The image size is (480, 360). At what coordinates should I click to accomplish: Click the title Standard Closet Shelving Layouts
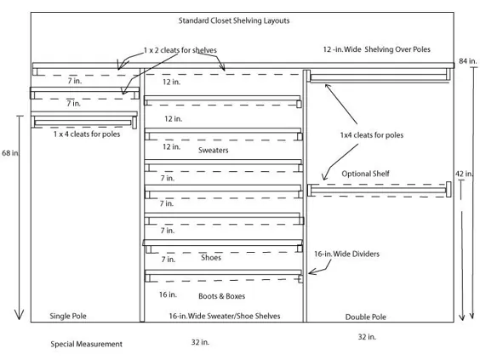234,20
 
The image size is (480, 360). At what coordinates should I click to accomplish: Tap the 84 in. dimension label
468,61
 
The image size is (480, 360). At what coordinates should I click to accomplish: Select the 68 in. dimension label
10,152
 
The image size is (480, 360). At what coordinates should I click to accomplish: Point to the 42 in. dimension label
464,174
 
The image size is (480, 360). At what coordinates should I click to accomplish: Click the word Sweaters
214,151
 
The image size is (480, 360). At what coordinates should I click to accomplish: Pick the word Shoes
211,258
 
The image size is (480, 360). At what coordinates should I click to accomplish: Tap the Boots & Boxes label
221,296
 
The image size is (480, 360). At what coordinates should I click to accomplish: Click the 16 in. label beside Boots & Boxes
168,294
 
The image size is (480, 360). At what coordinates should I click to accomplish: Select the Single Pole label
68,316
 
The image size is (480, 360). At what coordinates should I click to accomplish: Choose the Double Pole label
365,317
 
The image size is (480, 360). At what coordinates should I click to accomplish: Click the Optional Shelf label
365,174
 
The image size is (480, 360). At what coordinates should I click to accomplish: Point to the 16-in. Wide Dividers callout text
347,254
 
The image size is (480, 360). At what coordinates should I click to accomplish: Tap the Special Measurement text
86,344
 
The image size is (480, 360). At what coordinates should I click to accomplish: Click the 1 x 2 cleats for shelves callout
180,50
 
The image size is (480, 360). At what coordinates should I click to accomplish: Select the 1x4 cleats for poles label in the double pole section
372,135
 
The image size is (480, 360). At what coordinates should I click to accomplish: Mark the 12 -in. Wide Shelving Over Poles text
376,49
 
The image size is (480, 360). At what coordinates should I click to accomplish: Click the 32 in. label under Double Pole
367,337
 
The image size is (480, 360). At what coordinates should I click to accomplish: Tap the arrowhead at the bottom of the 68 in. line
19,319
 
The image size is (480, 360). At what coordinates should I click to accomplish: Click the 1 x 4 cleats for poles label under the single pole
87,134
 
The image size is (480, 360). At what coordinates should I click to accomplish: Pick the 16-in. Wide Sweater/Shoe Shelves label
225,316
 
